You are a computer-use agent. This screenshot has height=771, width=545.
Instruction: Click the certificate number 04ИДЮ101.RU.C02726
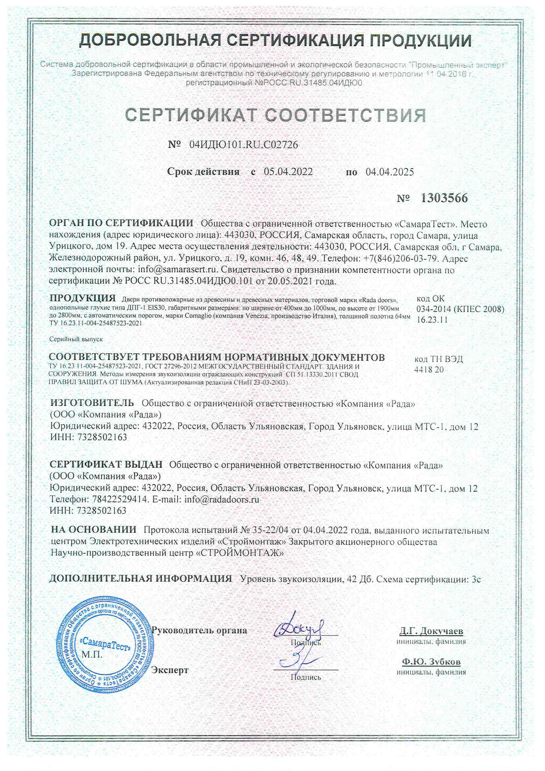click(x=243, y=145)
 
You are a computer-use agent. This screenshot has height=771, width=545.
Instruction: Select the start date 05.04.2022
click(x=288, y=172)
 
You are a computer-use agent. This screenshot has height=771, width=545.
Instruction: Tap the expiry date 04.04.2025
click(x=390, y=172)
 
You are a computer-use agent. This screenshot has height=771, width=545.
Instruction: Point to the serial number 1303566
click(x=444, y=198)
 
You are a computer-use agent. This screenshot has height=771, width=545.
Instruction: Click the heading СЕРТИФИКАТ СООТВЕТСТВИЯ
click(x=276, y=115)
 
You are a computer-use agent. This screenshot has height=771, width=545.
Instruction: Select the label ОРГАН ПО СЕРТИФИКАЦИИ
click(x=121, y=223)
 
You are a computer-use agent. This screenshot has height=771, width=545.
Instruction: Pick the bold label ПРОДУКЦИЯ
click(x=83, y=298)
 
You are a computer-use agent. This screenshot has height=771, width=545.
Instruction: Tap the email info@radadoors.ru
click(x=222, y=499)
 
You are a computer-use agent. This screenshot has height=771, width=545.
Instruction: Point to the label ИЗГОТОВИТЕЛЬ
click(x=92, y=403)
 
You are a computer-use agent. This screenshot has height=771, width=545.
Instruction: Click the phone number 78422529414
click(x=120, y=499)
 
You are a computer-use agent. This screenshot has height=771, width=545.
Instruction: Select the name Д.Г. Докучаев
click(x=431, y=631)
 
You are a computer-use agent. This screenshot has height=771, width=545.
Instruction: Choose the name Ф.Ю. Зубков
click(x=431, y=662)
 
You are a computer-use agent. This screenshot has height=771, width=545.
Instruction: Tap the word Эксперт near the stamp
click(x=170, y=670)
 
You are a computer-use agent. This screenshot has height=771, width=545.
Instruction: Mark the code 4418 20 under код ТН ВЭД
click(x=429, y=370)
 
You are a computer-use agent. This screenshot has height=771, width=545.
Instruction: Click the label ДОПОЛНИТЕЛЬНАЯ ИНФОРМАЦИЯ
click(x=140, y=578)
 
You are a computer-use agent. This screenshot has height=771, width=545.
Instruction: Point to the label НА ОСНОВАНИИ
click(x=94, y=530)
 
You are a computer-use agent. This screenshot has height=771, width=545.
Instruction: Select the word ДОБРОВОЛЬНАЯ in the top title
click(x=149, y=40)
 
